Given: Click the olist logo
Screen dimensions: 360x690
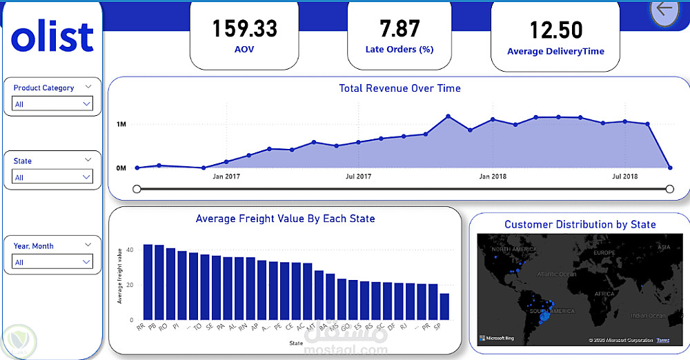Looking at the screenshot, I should click(x=53, y=37).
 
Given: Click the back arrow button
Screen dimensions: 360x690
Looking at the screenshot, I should click(x=664, y=10).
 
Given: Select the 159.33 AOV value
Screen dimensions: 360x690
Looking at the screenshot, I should click(x=244, y=29).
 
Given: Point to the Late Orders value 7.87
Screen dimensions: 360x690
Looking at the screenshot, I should click(x=400, y=28).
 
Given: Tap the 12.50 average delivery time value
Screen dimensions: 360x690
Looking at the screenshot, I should click(x=555, y=30).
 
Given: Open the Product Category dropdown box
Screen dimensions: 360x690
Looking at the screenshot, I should click(x=52, y=103).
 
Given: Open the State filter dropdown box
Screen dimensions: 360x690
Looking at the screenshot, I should click(x=52, y=177).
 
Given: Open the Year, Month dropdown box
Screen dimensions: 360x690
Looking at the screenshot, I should click(x=52, y=262).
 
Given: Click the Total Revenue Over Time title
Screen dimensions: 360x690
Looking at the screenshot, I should click(x=400, y=88).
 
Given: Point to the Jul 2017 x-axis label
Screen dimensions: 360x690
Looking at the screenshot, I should click(x=358, y=177).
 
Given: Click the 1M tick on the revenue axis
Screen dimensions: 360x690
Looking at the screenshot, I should click(x=121, y=124).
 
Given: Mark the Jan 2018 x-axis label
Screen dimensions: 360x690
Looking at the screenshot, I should click(x=492, y=177).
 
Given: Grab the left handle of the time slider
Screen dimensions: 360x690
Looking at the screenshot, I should click(x=137, y=189).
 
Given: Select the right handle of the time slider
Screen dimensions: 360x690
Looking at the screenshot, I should click(x=669, y=189).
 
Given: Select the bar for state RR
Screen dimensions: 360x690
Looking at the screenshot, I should click(x=148, y=282).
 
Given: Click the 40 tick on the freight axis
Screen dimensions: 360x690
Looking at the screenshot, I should click(x=130, y=250).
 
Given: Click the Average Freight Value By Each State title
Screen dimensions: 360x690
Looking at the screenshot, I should click(x=285, y=219).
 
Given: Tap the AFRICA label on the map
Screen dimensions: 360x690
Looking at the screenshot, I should click(x=604, y=294).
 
